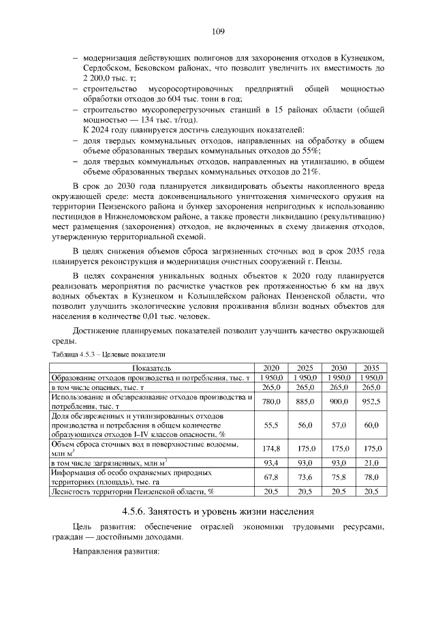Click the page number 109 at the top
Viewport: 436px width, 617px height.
[218, 31]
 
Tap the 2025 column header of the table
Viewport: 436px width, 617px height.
[305, 367]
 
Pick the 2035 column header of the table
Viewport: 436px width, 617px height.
[371, 367]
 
